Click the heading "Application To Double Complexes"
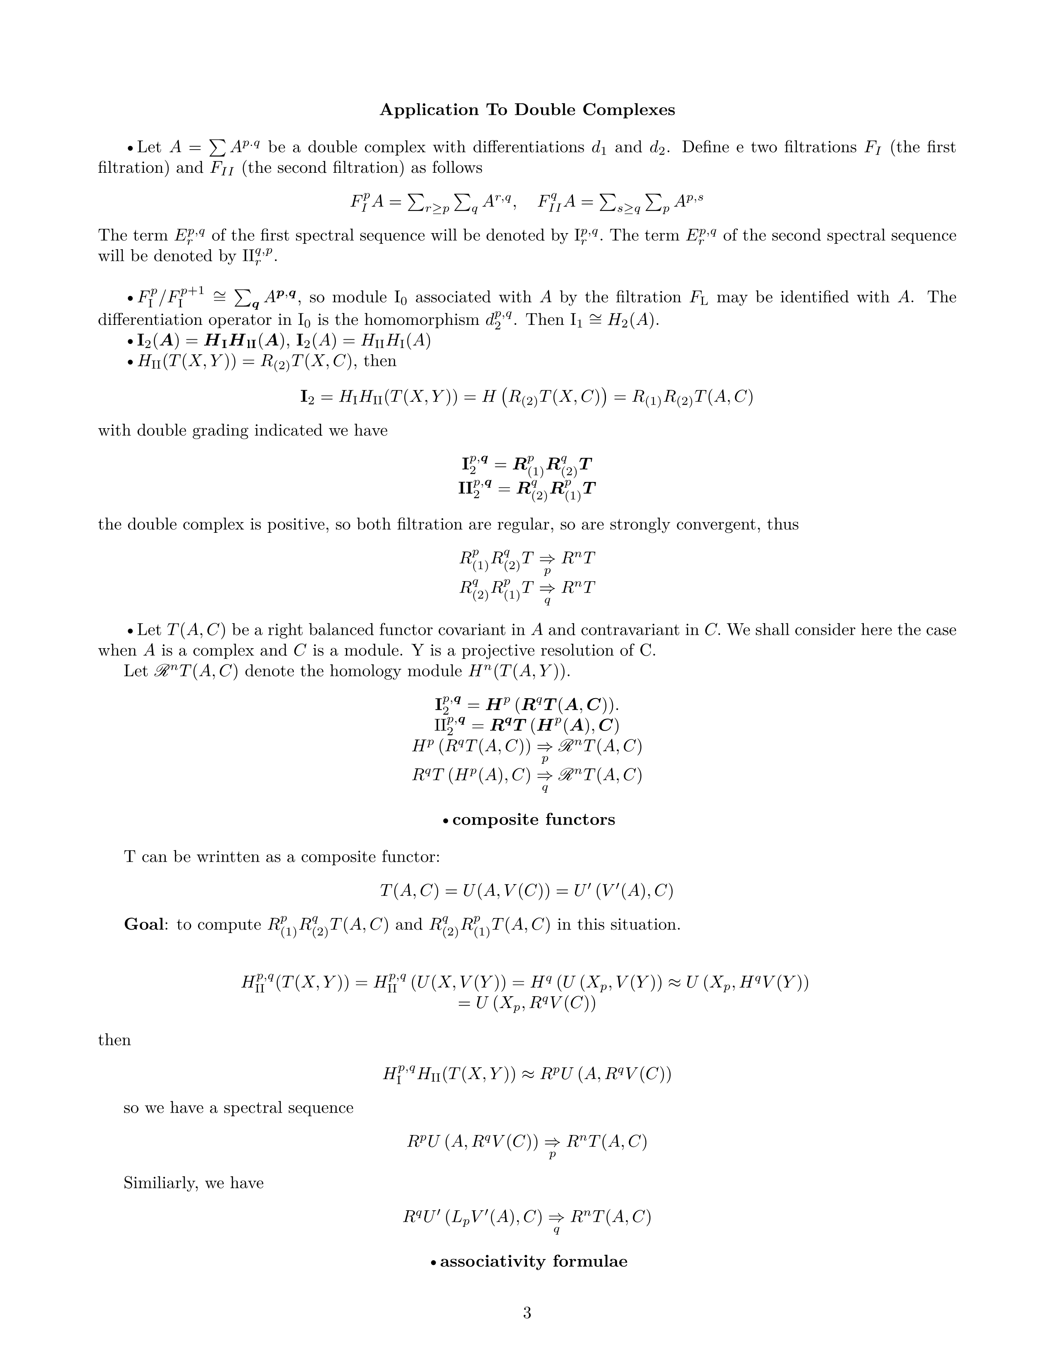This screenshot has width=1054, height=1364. click(527, 110)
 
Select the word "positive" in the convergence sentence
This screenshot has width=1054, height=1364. click(297, 524)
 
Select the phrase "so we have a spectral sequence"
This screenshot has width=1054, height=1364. click(238, 1108)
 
